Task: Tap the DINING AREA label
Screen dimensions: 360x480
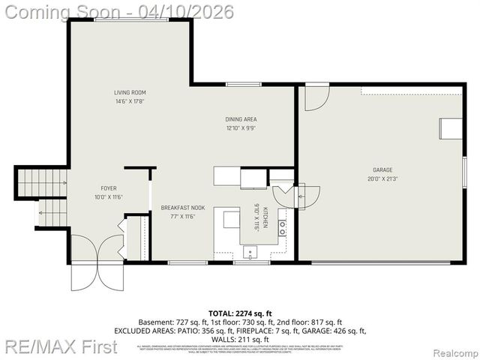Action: pos(241,119)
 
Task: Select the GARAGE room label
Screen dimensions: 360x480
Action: pos(382,170)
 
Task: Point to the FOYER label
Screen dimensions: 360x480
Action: pos(109,188)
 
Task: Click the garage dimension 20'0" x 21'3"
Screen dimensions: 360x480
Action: pos(382,178)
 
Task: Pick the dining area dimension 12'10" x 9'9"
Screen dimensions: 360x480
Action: pos(241,128)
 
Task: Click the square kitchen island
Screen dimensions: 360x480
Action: pos(226,220)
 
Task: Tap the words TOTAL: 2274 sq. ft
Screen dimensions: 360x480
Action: pos(239,313)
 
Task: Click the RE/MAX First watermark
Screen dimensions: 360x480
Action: pos(61,346)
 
